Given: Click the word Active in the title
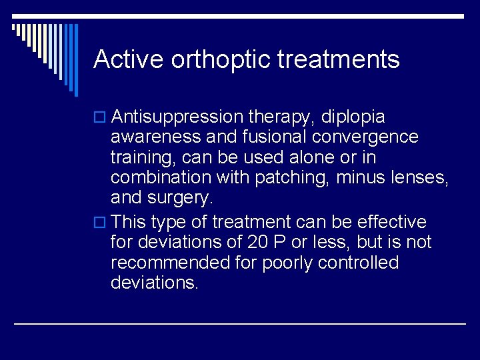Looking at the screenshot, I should tap(129, 59).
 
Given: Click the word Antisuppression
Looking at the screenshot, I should tap(177, 117).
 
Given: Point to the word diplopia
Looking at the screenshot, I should tap(353, 117).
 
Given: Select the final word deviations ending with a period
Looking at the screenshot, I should tap(155, 283).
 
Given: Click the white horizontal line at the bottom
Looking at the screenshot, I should tap(240, 323).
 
